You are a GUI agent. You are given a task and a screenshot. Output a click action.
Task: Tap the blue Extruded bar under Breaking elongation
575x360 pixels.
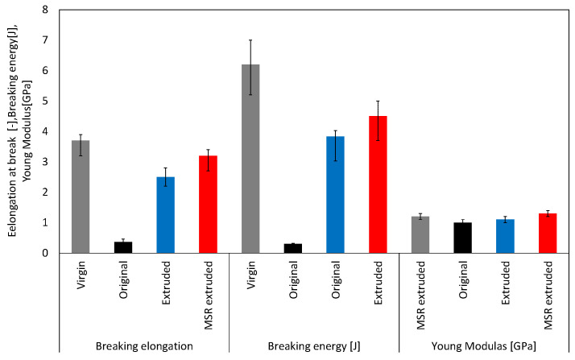click(165, 215)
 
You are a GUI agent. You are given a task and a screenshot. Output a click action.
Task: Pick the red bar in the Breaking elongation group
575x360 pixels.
click(208, 205)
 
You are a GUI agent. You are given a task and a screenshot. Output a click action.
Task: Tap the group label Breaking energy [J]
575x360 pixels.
click(314, 346)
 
